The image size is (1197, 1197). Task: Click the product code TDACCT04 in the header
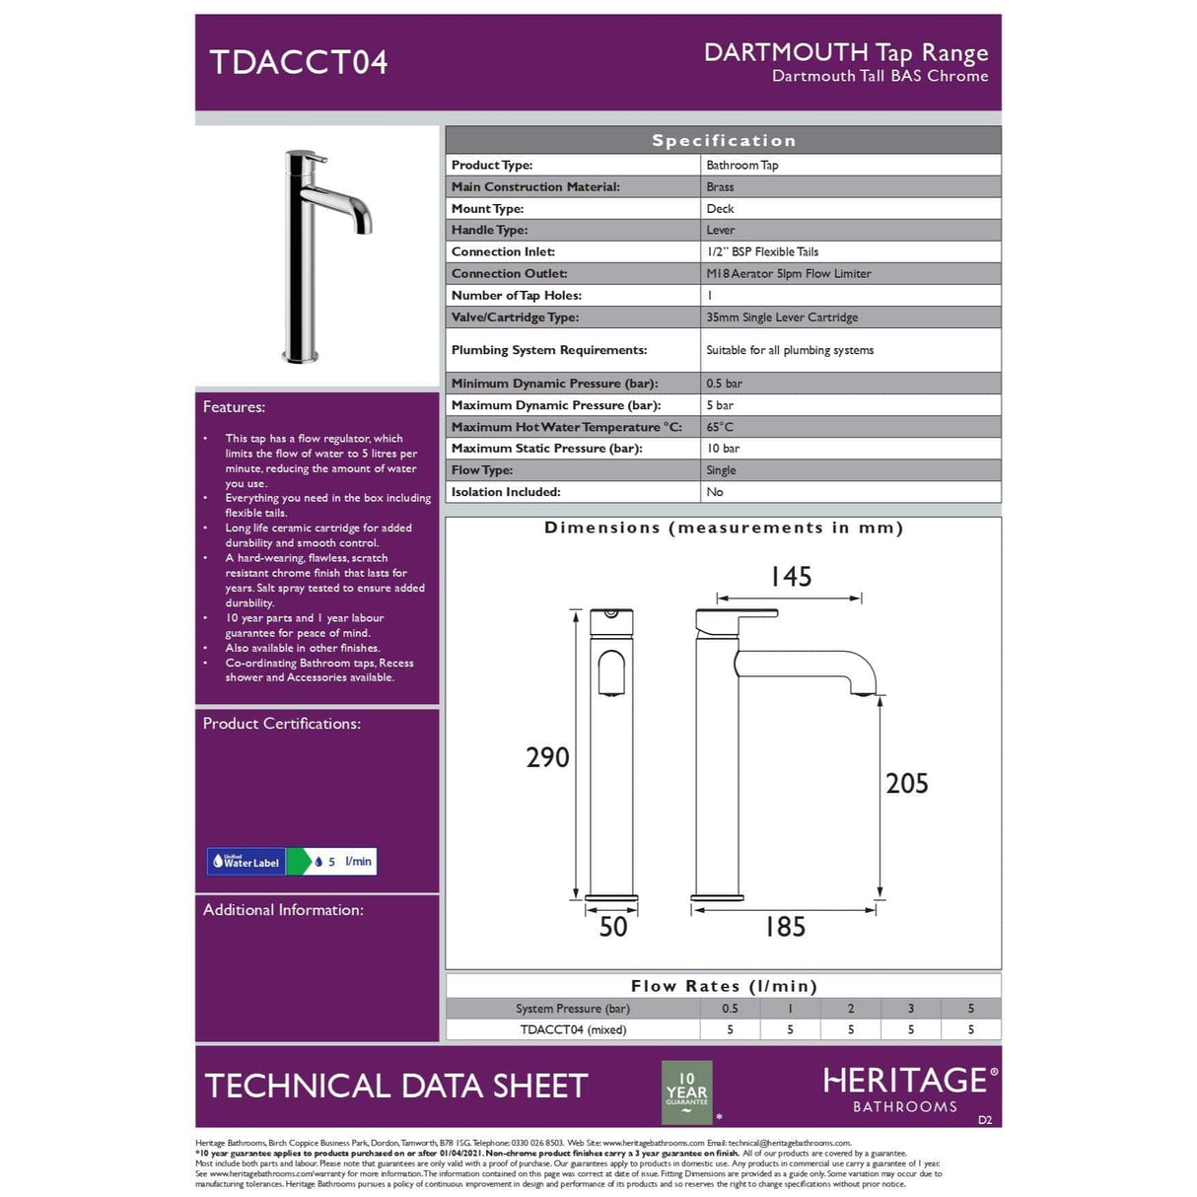click(x=299, y=62)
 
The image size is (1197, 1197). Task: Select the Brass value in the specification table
click(x=720, y=187)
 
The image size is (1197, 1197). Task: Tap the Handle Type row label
click(x=489, y=230)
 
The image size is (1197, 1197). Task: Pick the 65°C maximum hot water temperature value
click(x=720, y=427)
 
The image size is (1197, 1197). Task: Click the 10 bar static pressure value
click(x=723, y=449)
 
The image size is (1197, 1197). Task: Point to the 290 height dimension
click(x=547, y=757)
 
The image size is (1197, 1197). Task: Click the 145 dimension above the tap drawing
click(x=791, y=577)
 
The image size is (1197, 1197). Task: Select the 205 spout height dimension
click(x=906, y=784)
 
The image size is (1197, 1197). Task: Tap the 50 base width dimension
click(x=612, y=927)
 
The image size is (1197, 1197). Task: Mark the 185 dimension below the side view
click(x=785, y=927)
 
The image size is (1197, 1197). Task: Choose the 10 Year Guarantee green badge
click(x=686, y=1091)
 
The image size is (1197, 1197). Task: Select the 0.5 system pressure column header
click(x=730, y=1009)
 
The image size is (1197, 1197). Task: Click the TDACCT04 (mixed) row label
click(x=573, y=1029)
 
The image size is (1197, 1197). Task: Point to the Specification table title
click(x=723, y=141)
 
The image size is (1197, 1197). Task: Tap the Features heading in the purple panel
click(x=234, y=407)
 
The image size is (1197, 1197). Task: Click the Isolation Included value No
click(x=715, y=492)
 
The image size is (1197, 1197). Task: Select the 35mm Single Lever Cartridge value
click(x=782, y=317)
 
